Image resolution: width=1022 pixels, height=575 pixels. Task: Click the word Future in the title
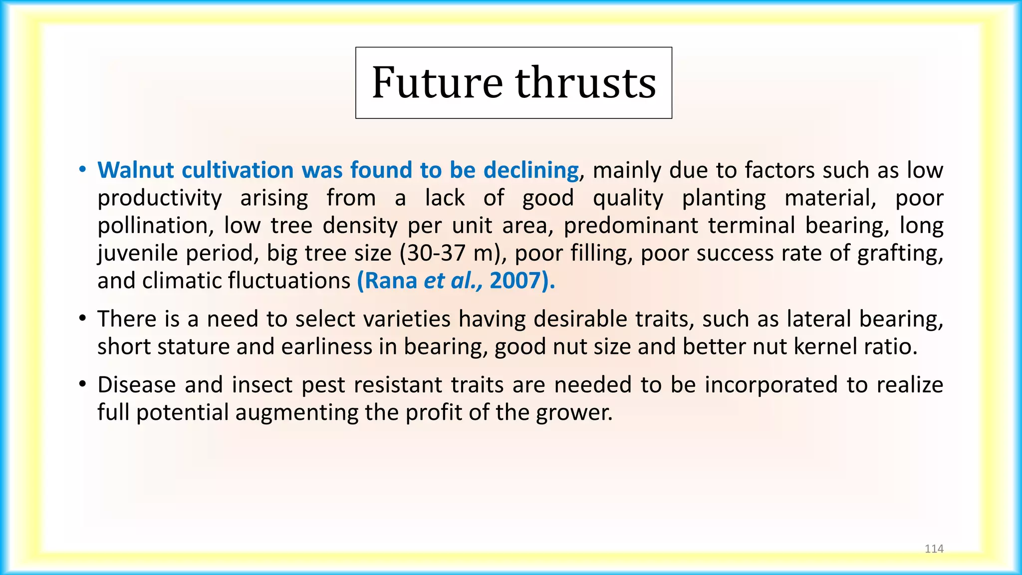click(x=437, y=82)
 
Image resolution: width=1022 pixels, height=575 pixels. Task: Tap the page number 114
click(x=934, y=549)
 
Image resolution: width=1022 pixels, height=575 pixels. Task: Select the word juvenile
click(x=138, y=254)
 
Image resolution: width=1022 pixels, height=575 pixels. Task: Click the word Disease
click(x=136, y=385)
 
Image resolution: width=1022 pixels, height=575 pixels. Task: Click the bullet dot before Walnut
click(x=82, y=170)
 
